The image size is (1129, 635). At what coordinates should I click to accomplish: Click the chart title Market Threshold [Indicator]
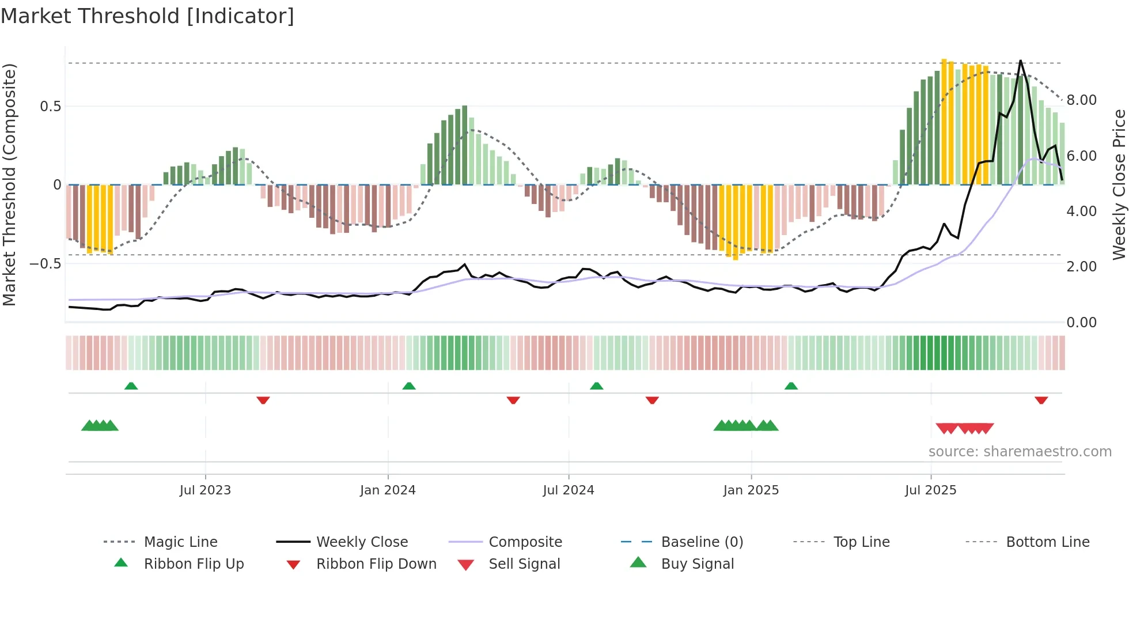click(147, 16)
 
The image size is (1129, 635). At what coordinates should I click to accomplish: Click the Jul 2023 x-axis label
click(205, 490)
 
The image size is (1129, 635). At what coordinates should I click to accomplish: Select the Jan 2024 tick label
click(388, 490)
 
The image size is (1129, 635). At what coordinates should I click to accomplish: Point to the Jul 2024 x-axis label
click(569, 490)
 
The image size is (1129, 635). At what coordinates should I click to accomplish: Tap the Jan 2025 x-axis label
click(751, 490)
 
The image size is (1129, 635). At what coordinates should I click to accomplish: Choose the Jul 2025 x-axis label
click(931, 490)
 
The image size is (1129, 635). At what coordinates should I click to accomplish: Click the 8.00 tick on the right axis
click(1082, 100)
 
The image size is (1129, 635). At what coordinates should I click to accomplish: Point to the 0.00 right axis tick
click(1082, 323)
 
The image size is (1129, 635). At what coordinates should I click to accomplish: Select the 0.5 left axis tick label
click(51, 107)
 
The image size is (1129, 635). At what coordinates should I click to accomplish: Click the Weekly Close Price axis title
click(1119, 184)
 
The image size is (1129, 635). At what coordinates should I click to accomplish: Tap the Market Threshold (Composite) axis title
click(9, 184)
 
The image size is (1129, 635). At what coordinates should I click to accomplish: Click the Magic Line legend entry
click(180, 542)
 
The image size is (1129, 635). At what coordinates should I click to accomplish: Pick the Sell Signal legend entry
click(524, 564)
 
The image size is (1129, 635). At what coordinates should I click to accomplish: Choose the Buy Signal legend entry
click(698, 564)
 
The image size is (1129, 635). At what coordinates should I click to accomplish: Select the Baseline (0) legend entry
click(702, 542)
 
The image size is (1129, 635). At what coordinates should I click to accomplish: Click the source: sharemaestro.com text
click(1020, 452)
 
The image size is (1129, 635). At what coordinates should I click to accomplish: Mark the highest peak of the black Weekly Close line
click(1021, 61)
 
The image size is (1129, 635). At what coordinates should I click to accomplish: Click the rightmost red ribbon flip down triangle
click(1041, 400)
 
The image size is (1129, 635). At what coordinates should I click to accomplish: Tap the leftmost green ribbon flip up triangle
click(131, 386)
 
